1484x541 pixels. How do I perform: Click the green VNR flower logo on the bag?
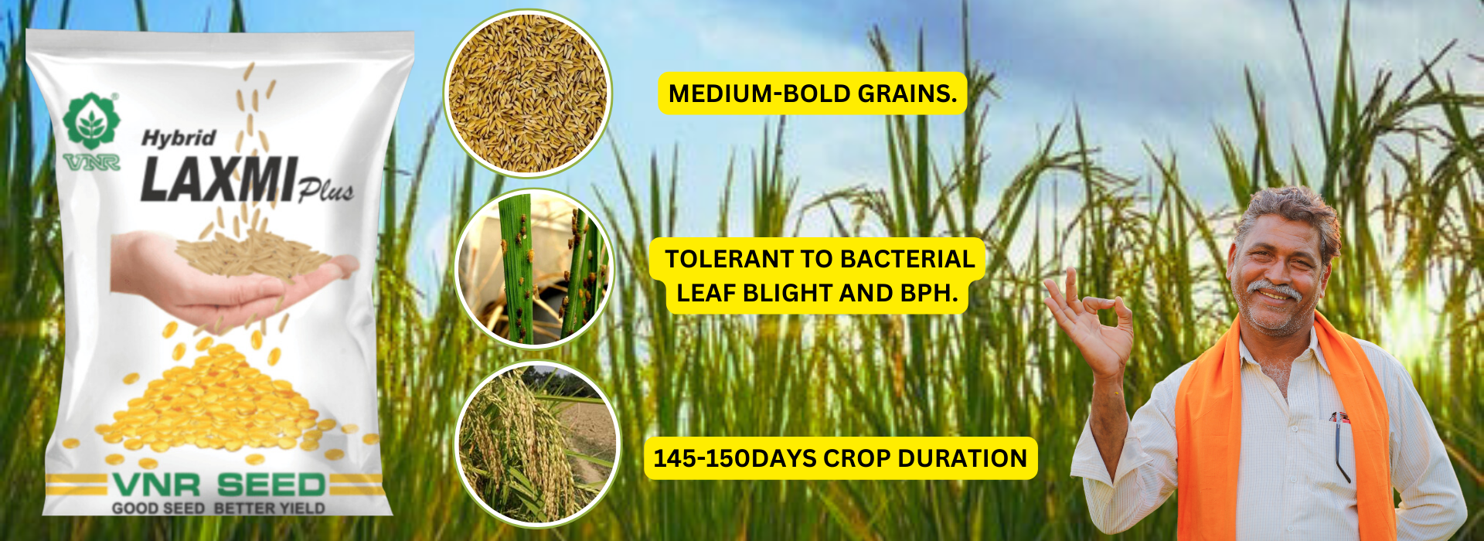tap(92, 121)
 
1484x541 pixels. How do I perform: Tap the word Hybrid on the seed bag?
tap(179, 138)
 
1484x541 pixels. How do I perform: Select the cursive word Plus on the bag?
tap(326, 189)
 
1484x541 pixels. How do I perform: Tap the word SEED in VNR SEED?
tap(271, 485)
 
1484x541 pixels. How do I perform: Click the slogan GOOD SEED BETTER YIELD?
tap(218, 509)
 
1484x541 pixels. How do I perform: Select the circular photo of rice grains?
tap(528, 93)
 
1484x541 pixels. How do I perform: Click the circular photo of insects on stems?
tap(534, 268)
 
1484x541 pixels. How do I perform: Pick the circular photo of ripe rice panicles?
tap(537, 444)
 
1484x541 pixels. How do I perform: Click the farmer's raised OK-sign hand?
tap(1090, 321)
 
